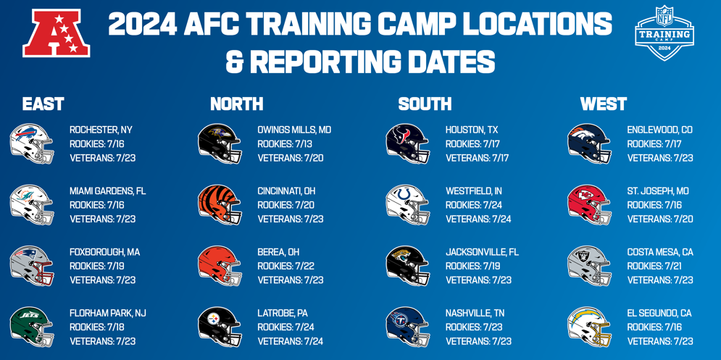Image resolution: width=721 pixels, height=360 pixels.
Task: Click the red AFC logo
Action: (56, 33)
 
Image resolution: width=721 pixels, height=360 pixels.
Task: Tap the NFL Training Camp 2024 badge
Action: (664, 33)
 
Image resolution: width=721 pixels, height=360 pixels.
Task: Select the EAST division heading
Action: (43, 104)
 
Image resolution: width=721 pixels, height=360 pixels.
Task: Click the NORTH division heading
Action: (237, 104)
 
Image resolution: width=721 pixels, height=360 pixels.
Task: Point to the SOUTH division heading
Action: (425, 104)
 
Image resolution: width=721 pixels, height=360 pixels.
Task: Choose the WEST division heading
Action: (604, 104)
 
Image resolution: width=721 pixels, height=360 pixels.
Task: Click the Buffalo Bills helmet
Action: (32, 144)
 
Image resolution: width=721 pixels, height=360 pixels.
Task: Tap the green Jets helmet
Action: (32, 327)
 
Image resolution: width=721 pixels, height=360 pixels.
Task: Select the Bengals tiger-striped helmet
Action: (220, 205)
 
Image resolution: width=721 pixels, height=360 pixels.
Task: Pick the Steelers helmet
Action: (220, 327)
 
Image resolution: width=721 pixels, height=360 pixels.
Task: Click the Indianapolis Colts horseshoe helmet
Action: (408, 205)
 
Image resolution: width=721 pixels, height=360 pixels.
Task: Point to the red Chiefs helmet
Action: (590, 205)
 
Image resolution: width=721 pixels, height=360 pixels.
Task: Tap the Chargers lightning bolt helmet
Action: (590, 327)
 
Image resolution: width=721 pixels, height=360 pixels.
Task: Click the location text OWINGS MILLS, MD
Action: (294, 130)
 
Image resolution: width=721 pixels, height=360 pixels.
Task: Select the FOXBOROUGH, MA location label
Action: (105, 252)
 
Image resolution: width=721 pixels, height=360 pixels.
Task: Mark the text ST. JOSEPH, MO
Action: (658, 191)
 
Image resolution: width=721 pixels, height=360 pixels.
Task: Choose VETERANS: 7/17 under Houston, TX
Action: (478, 158)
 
